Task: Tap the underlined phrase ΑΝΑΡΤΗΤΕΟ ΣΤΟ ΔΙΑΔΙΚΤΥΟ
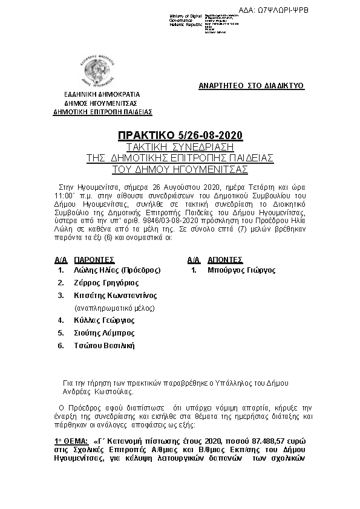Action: [251, 86]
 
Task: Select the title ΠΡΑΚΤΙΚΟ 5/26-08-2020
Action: [180, 136]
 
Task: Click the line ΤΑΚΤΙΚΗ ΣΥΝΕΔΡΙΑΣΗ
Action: [180, 147]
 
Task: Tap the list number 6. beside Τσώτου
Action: [61, 346]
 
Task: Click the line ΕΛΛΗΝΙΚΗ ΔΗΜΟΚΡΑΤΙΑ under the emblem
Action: [102, 95]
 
